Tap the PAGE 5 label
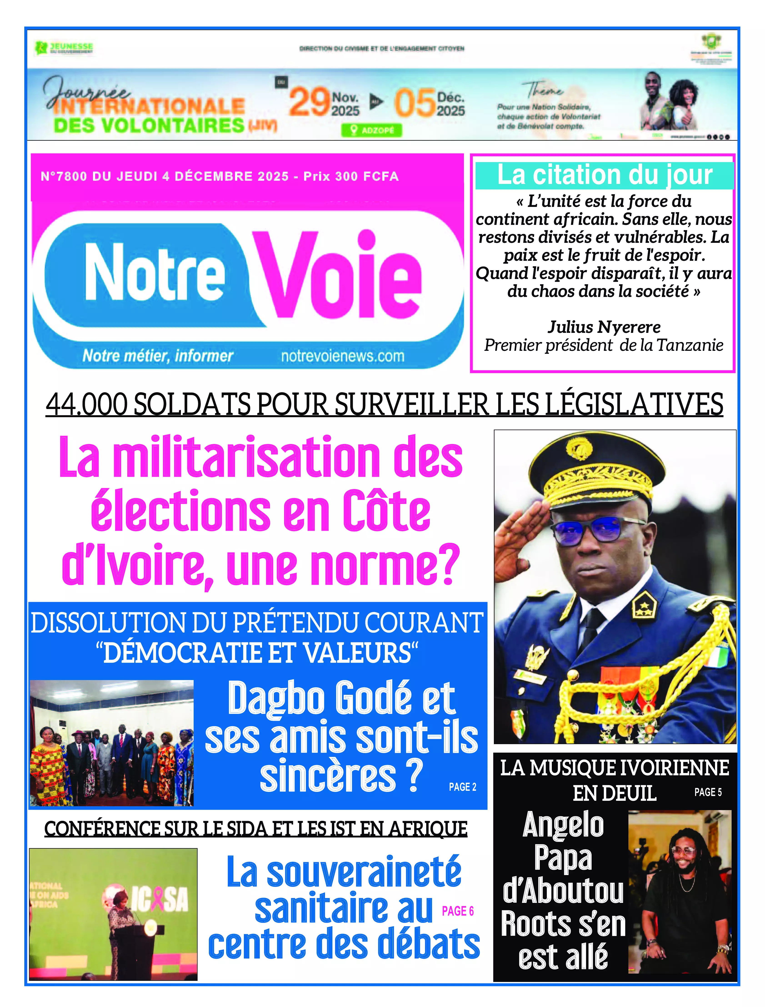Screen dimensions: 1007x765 click(x=708, y=793)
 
